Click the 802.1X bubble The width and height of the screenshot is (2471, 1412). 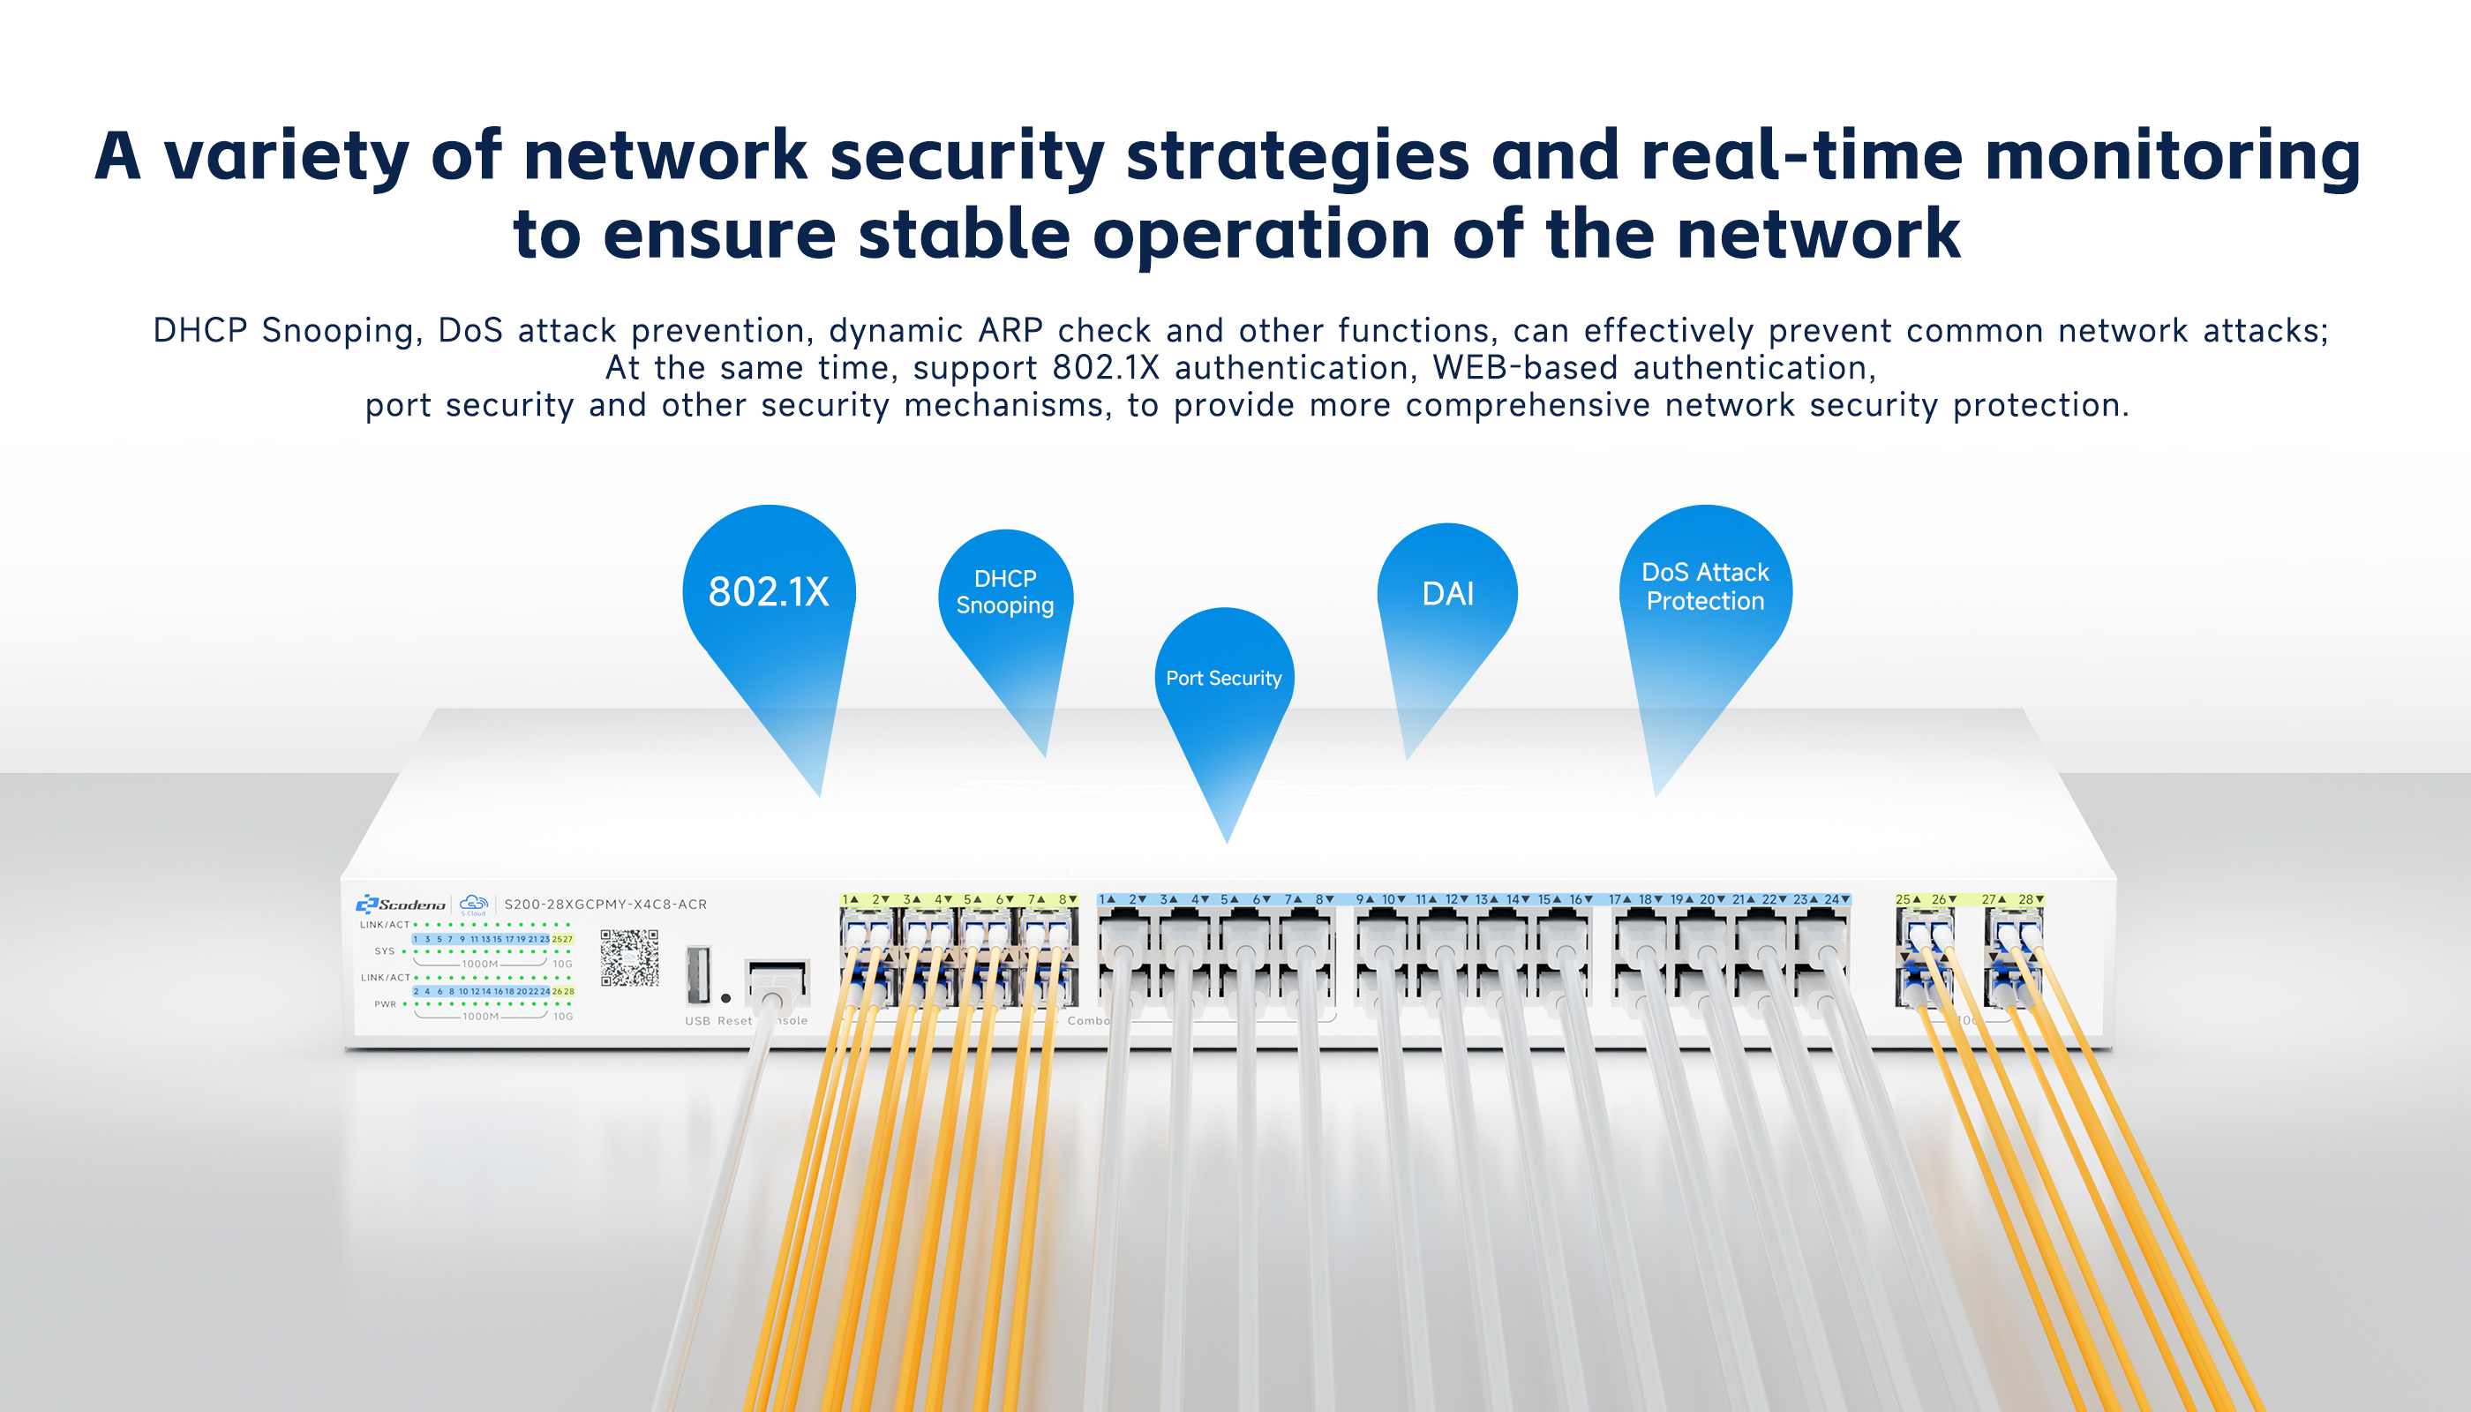coord(769,591)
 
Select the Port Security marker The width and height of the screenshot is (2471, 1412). coord(1224,678)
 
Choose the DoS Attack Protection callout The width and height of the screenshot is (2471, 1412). coord(1705,587)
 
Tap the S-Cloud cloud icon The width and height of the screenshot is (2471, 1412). coord(473,904)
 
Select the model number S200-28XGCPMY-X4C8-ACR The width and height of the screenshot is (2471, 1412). coord(605,905)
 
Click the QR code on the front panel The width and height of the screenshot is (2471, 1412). coord(629,958)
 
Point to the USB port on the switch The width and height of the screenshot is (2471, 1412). coord(697,973)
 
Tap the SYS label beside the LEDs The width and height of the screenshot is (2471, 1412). coord(384,951)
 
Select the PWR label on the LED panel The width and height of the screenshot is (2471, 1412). coord(385,1004)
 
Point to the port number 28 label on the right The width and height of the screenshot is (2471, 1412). coord(2026,900)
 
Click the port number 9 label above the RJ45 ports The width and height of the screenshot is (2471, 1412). coord(1361,900)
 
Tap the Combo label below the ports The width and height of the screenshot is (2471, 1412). coord(1087,1021)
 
